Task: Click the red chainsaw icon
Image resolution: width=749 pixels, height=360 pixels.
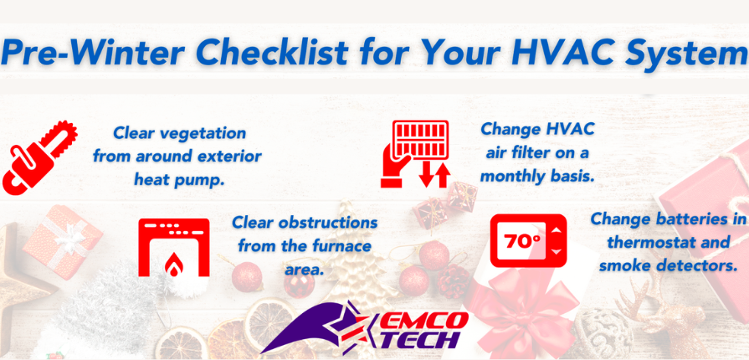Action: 39,157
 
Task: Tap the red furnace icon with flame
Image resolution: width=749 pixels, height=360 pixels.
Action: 174,247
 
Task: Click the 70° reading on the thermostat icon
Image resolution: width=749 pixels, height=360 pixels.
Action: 522,241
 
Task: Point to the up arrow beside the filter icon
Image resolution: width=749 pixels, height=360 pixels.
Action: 444,174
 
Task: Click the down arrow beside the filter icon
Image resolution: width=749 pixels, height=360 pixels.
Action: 425,174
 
